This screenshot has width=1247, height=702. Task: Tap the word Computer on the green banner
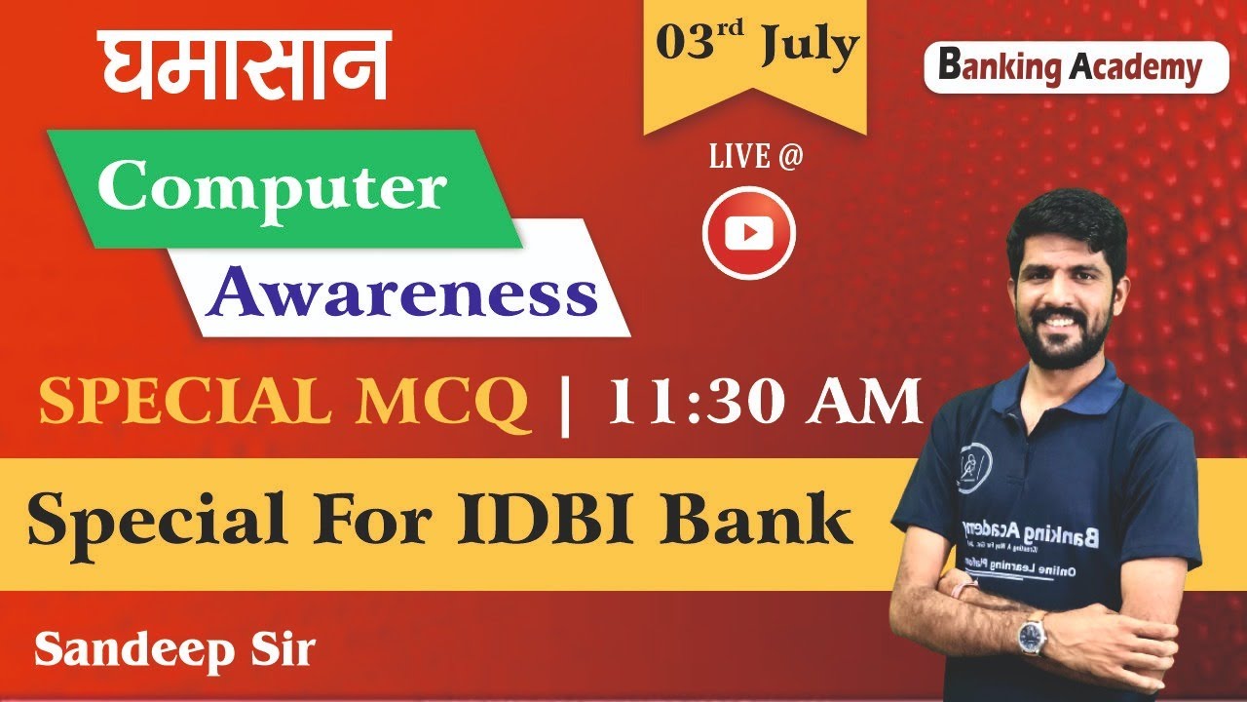272,188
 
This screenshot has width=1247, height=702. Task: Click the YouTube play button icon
748,233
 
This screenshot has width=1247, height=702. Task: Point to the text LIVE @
756,157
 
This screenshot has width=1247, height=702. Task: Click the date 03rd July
756,47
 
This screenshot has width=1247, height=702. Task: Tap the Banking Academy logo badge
1076,67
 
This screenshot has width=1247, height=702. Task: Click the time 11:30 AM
765,402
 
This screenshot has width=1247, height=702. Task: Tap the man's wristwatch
1032,635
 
